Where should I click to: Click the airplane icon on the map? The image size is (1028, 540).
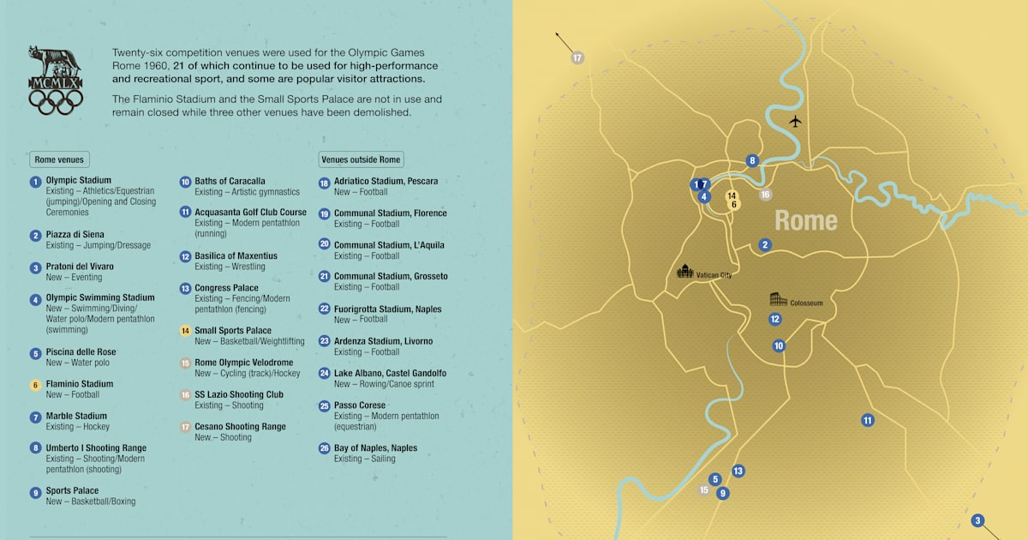point(795,121)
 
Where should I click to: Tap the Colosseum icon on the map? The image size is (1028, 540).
point(778,299)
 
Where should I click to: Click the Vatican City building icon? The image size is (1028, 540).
point(684,272)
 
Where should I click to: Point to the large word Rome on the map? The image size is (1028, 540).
point(806,220)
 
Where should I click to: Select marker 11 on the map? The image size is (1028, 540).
point(868,420)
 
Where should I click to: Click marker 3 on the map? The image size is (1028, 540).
point(977,520)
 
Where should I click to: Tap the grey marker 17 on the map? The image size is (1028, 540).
point(577,58)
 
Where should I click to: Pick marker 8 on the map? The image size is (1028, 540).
point(752,160)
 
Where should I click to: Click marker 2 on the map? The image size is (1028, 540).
point(765,244)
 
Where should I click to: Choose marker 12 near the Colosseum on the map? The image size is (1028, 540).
point(774,319)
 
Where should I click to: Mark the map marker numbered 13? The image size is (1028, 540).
point(738,471)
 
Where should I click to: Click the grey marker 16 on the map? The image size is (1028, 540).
point(765,195)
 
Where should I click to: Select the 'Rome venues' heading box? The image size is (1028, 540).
point(60,159)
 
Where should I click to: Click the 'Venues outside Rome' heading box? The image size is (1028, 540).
point(361,159)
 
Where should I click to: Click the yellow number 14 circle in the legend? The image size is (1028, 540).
point(185,331)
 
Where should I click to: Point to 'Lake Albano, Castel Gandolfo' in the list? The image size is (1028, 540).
point(390,374)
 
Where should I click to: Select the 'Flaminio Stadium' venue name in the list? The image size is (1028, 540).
point(80,384)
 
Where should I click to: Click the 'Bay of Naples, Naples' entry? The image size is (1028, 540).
point(375,448)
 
